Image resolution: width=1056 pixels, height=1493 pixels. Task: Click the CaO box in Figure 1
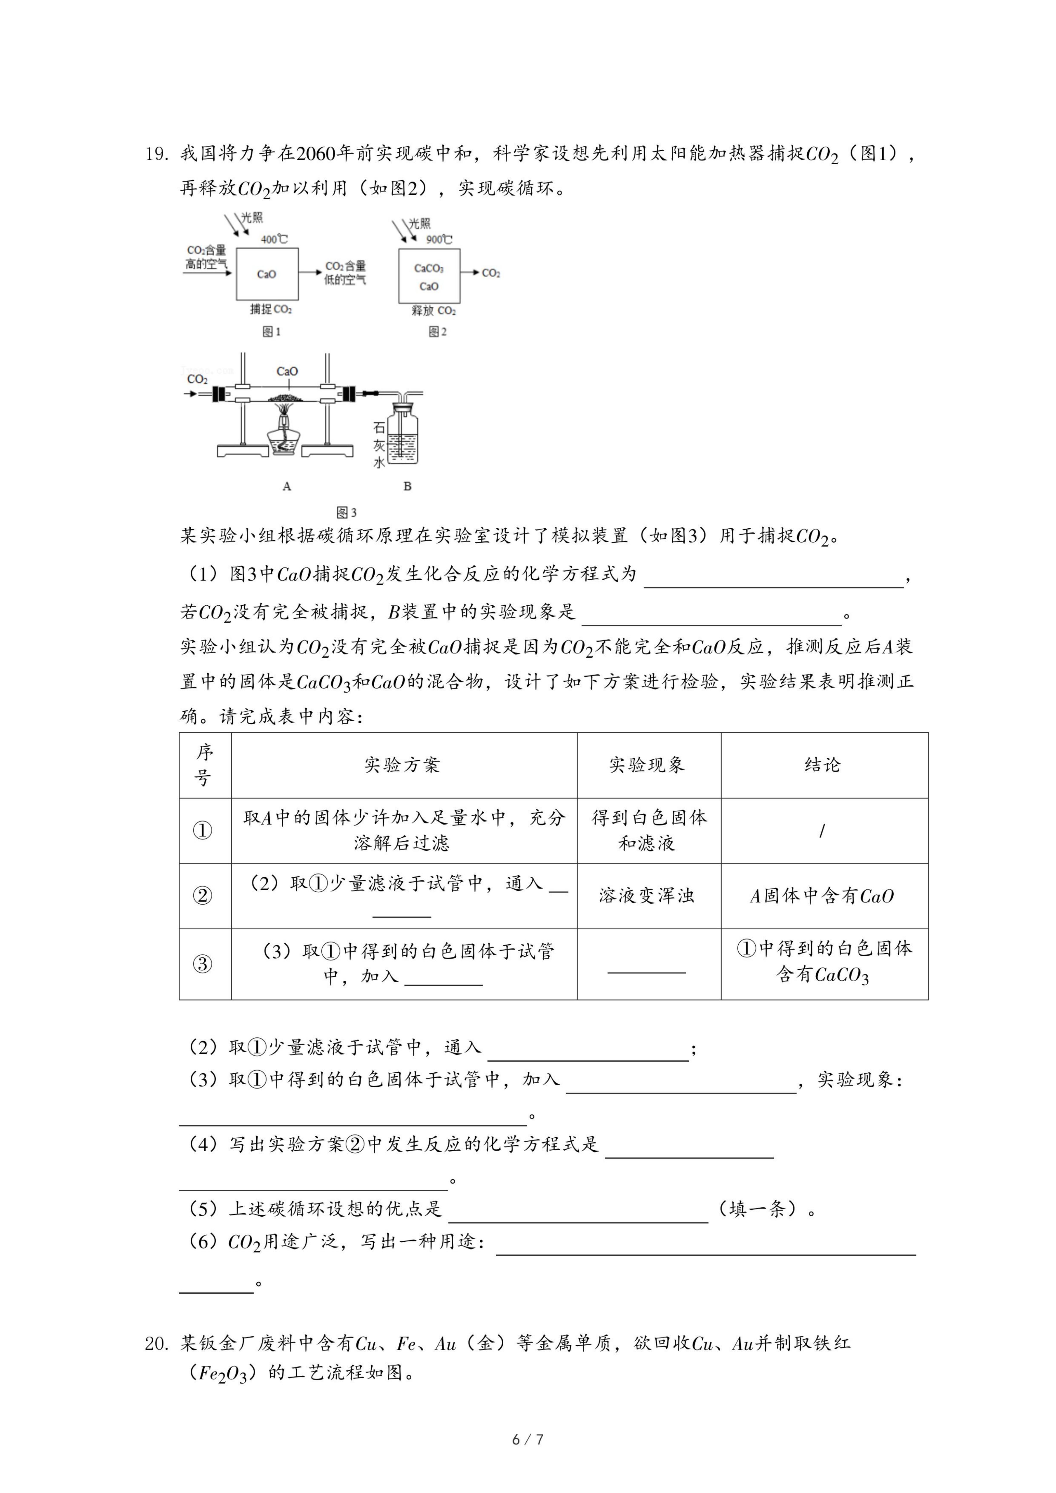click(267, 274)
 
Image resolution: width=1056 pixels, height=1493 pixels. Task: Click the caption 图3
click(347, 512)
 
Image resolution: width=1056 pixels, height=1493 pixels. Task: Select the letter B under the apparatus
click(407, 486)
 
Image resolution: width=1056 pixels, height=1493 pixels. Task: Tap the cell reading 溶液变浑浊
click(647, 896)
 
